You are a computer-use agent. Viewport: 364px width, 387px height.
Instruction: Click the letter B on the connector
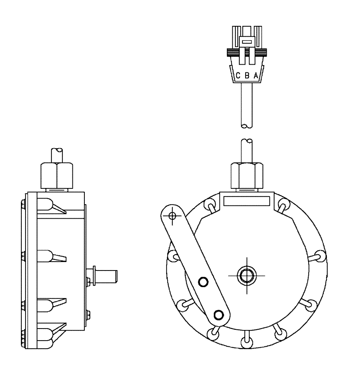[247, 76]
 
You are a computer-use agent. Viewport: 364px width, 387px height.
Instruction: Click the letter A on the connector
[256, 76]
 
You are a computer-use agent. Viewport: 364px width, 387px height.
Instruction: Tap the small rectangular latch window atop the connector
[247, 41]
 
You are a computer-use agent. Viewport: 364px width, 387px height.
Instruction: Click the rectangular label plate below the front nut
[247, 201]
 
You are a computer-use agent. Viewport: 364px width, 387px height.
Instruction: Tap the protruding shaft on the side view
[109, 276]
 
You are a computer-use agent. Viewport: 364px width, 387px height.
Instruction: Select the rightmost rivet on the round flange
[320, 256]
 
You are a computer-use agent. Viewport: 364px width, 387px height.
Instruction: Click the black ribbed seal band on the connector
[247, 51]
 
